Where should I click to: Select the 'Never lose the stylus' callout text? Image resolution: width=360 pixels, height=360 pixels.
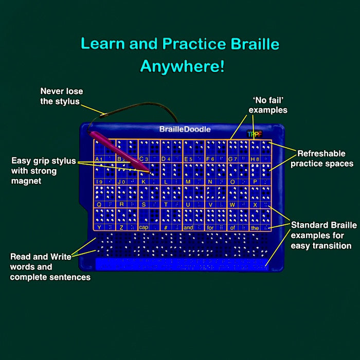click(61, 96)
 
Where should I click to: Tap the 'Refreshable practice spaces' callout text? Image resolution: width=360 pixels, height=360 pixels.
click(321, 158)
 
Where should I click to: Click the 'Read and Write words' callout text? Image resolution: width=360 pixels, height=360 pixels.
click(50, 266)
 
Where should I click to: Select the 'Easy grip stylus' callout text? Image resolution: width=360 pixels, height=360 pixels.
click(43, 171)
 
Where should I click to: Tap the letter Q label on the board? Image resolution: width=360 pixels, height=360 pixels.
click(98, 204)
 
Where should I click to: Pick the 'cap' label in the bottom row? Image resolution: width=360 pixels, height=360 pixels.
click(143, 227)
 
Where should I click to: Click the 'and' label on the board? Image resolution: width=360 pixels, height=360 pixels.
click(188, 227)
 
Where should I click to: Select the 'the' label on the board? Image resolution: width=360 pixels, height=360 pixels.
click(255, 227)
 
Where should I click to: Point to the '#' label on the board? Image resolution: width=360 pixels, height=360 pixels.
click(166, 227)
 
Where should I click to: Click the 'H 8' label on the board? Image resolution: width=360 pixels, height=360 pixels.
click(254, 159)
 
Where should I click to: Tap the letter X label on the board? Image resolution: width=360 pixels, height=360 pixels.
click(255, 204)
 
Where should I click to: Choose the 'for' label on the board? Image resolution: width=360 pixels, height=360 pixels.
click(210, 227)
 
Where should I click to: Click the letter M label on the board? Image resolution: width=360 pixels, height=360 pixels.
click(187, 182)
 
